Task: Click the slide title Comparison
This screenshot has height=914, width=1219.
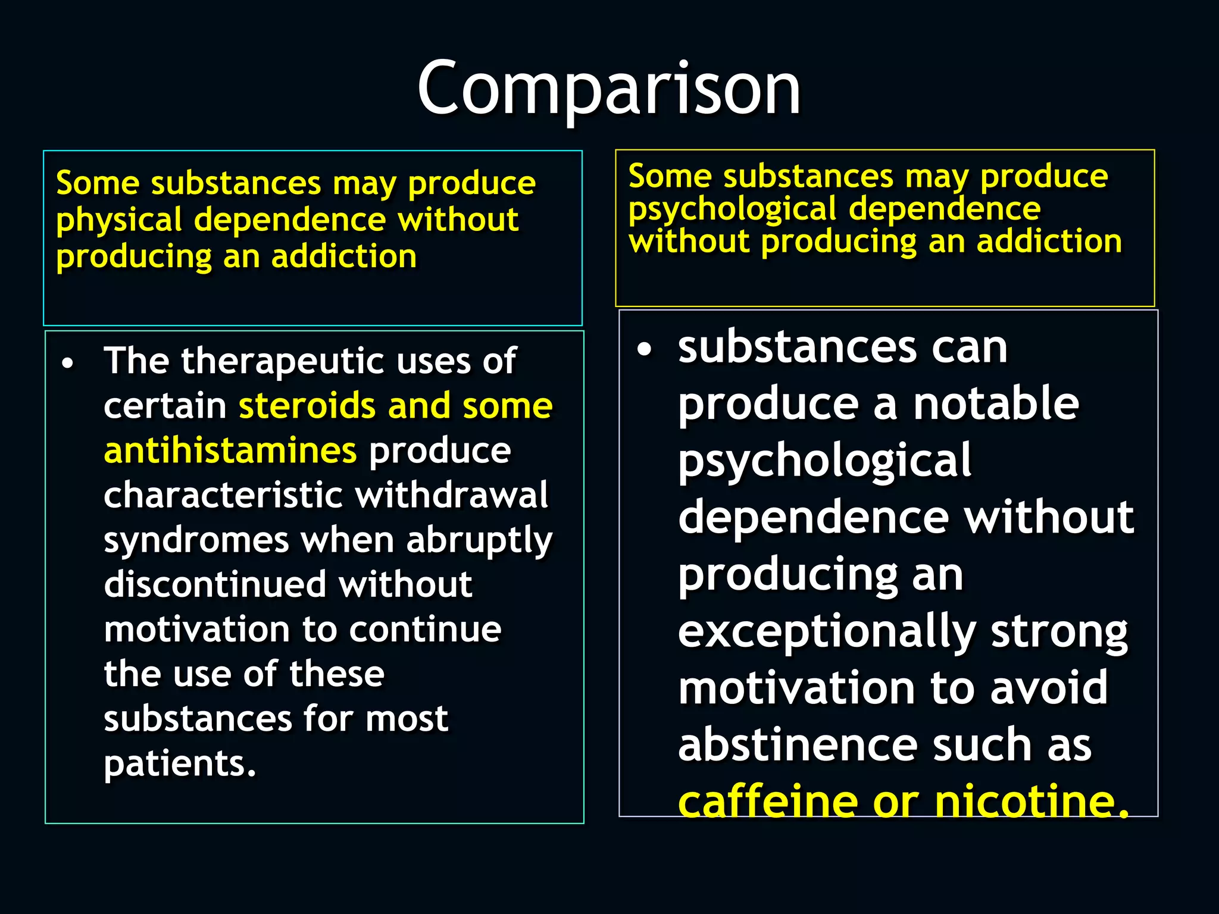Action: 609,89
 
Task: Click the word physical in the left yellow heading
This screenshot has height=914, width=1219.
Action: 119,220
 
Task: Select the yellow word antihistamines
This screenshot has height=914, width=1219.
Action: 230,450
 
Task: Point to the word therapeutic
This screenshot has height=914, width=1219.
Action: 280,361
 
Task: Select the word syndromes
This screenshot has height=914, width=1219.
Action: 196,540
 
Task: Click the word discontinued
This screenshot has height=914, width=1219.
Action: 215,584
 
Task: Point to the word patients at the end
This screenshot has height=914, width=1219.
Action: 179,763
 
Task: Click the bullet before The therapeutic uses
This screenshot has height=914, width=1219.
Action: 68,363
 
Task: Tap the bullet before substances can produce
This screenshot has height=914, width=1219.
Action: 644,350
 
